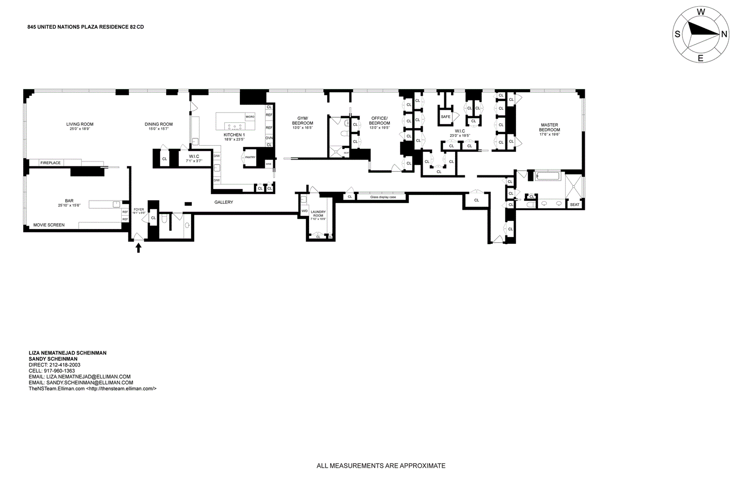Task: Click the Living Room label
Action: pos(80,124)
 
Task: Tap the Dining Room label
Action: pos(159,124)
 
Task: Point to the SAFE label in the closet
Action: pos(446,117)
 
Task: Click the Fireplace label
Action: pos(51,163)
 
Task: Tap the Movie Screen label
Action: pos(49,225)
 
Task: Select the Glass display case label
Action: pos(383,197)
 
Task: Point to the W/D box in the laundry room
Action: pos(304,211)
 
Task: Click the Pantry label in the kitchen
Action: pos(250,157)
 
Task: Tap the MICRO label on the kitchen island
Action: pos(250,117)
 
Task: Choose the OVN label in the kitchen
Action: pos(269,138)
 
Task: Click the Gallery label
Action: pos(224,202)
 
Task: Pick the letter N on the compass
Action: pos(724,34)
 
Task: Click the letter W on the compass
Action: pos(701,12)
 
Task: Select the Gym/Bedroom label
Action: pos(302,121)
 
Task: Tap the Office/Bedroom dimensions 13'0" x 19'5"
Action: pos(379,128)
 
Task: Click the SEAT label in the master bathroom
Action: pos(575,205)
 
